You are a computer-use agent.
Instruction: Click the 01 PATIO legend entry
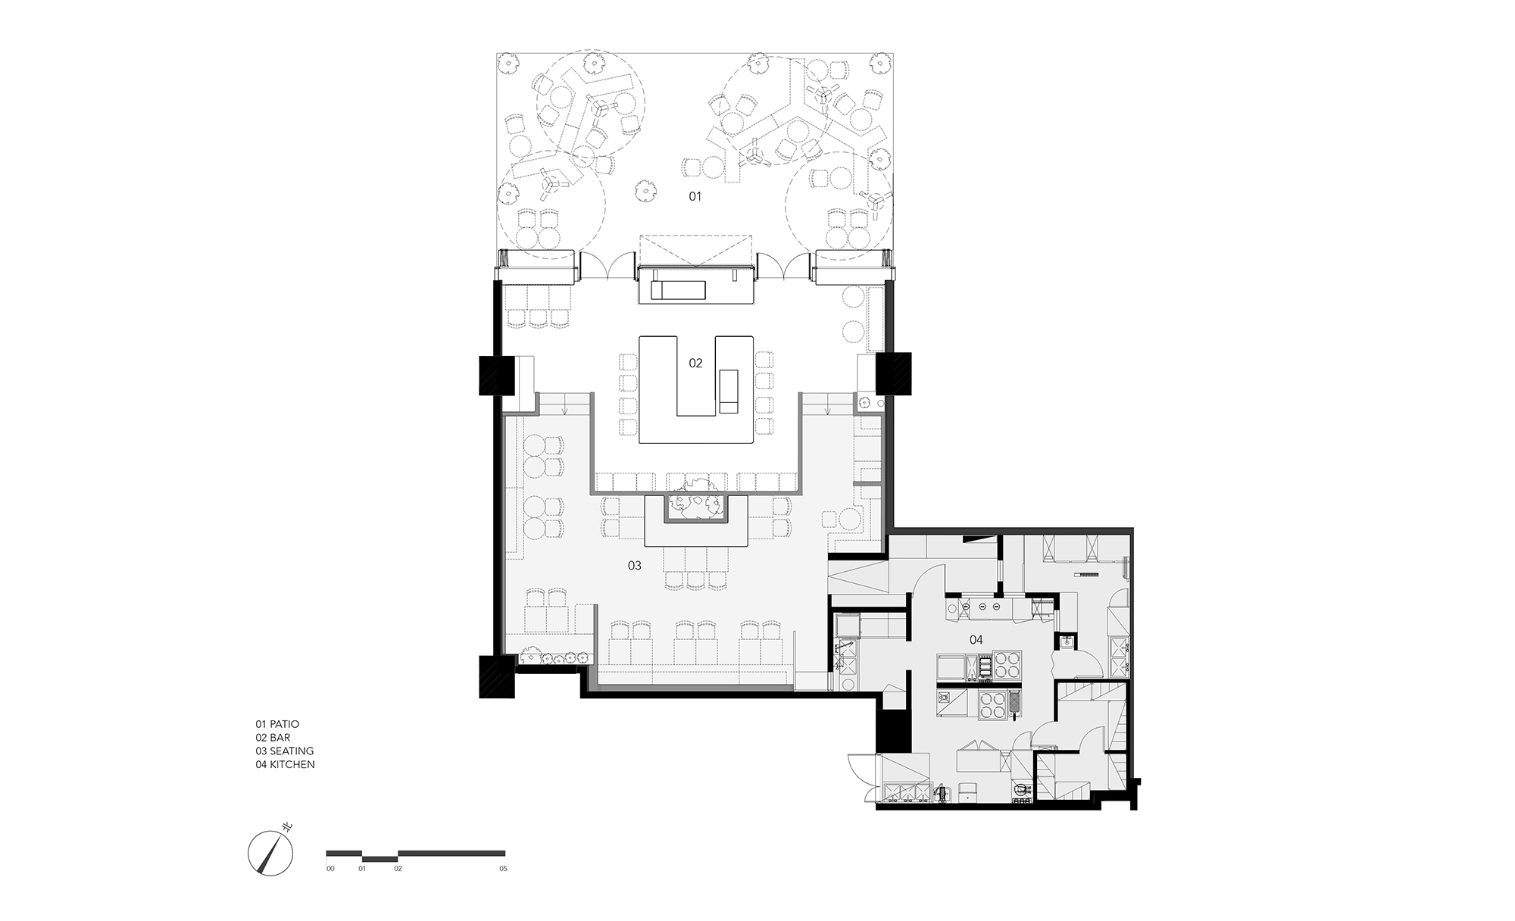[x=277, y=724]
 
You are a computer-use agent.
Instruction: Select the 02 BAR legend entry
[x=273, y=738]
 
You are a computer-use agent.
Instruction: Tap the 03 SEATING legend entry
[x=285, y=751]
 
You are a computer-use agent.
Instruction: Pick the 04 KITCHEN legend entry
[x=285, y=765]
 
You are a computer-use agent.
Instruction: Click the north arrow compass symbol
[x=270, y=854]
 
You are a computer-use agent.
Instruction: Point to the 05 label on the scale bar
[x=503, y=869]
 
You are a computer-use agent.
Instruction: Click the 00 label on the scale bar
[x=330, y=869]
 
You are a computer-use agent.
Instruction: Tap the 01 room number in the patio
[x=695, y=197]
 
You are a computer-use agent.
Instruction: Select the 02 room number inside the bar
[x=695, y=364]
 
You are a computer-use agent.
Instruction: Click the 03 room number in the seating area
[x=635, y=566]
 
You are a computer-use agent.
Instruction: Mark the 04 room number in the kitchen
[x=976, y=640]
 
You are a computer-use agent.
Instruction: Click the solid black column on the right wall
[x=897, y=373]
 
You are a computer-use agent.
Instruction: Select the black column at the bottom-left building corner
[x=496, y=676]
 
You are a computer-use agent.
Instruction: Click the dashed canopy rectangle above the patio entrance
[x=695, y=251]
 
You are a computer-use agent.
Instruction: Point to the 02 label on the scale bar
[x=398, y=869]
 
